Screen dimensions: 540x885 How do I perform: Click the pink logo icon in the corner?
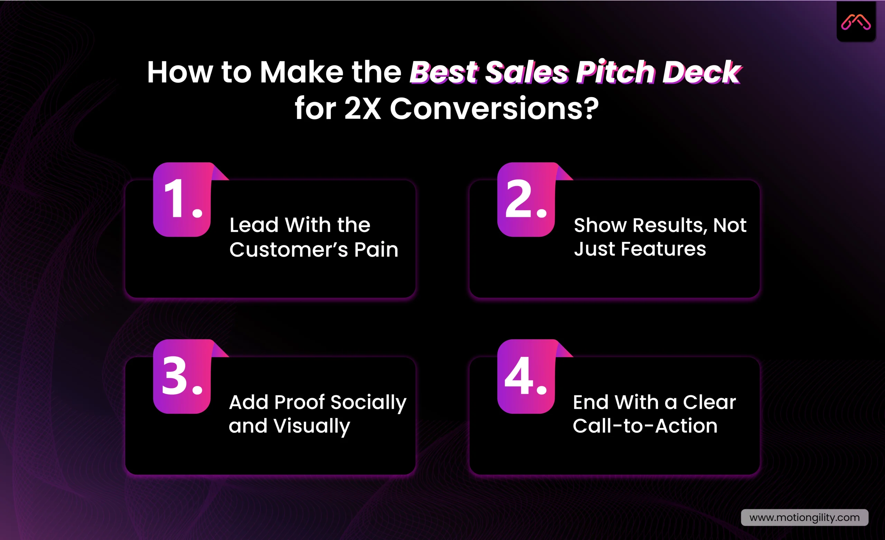(856, 22)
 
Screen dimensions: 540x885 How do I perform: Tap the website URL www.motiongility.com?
(804, 518)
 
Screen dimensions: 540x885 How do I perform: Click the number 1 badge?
(182, 200)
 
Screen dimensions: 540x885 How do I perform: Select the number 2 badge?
(526, 200)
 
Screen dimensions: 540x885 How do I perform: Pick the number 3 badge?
(182, 376)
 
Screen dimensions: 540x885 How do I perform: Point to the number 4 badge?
(526, 376)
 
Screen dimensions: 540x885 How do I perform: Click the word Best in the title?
(444, 72)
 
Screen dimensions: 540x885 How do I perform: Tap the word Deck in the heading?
(701, 72)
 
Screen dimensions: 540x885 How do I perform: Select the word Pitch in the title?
(616, 72)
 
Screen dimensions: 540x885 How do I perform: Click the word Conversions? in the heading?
(494, 108)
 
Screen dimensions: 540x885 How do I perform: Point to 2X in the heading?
(362, 108)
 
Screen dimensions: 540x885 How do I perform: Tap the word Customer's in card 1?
(289, 249)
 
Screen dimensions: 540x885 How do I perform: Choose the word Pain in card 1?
(376, 249)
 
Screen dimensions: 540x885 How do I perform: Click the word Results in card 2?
(670, 226)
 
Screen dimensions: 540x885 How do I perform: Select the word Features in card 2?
(663, 249)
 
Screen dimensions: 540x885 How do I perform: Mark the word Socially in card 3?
(368, 402)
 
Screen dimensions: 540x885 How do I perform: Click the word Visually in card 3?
(311, 427)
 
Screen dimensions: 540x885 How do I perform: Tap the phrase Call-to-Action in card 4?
(645, 426)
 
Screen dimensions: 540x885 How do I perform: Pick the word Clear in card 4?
(709, 402)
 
